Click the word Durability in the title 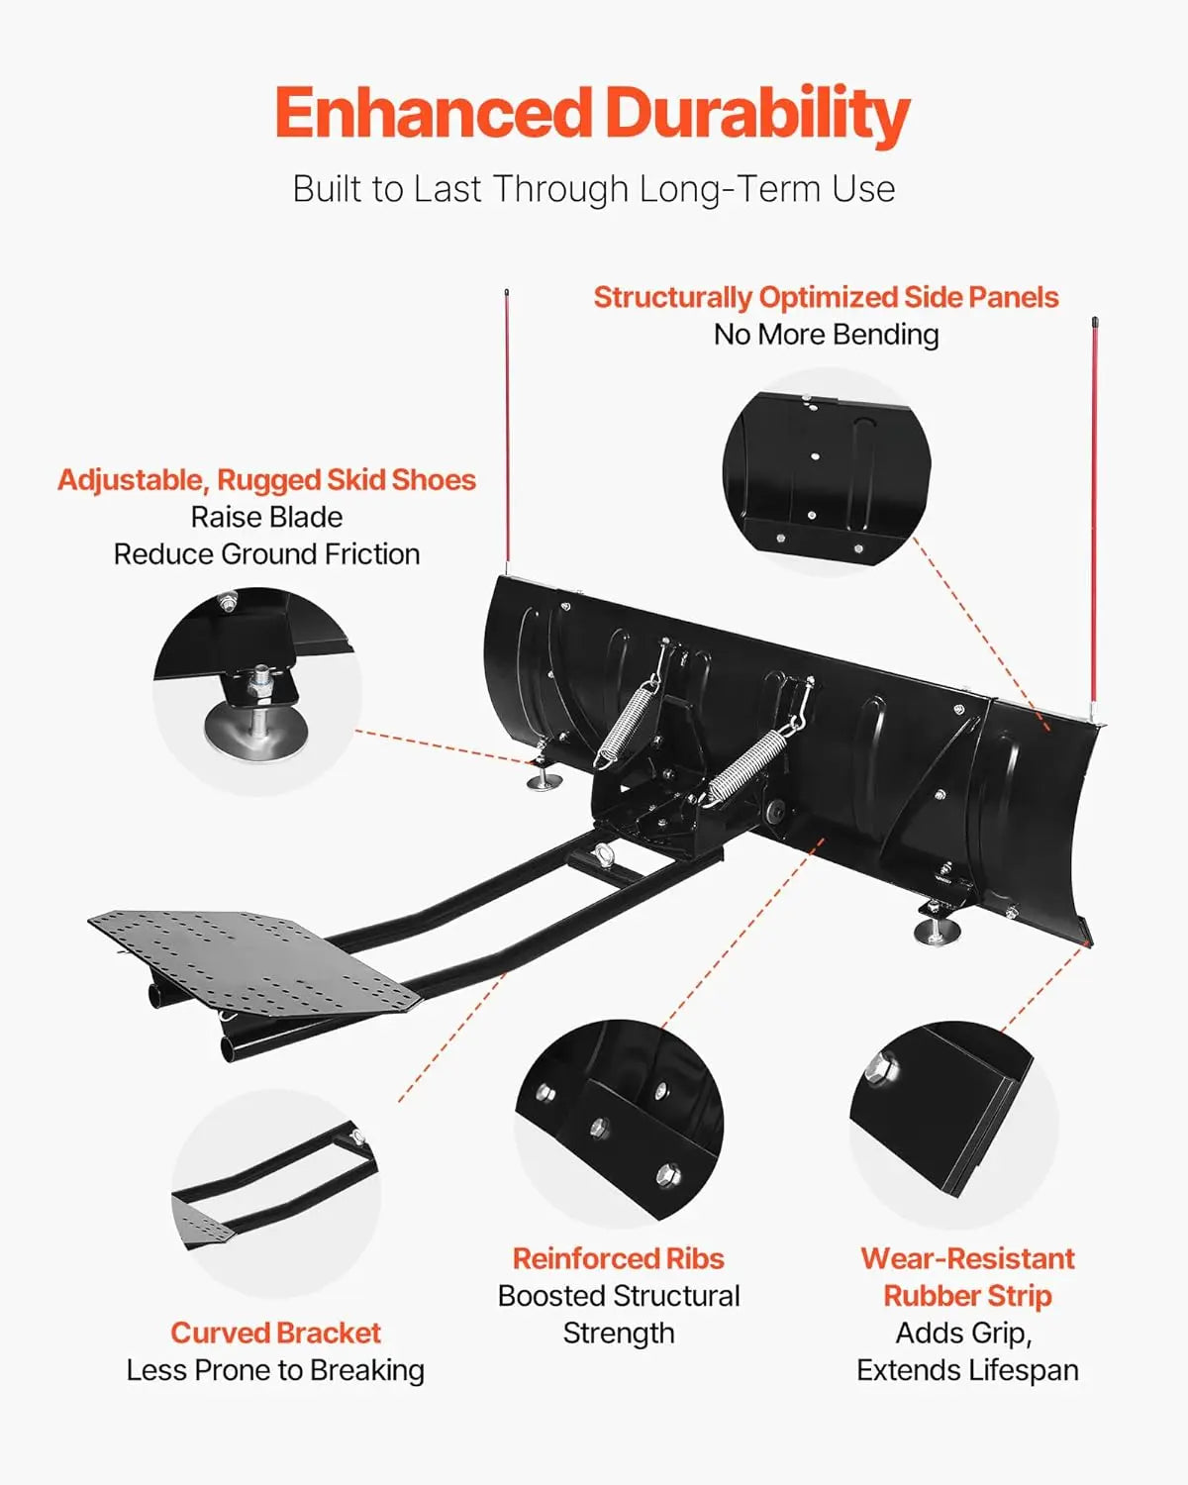757,114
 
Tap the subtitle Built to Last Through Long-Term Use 593,188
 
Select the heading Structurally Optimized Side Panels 826,297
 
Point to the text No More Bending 826,335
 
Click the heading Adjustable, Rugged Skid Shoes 266,480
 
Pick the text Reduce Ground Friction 266,553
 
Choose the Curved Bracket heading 275,1333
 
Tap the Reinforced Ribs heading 618,1258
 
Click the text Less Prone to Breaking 275,1370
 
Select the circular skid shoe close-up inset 256,690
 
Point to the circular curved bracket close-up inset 276,1192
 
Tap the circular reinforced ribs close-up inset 619,1123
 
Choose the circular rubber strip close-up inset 952,1125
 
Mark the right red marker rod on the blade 1095,515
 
